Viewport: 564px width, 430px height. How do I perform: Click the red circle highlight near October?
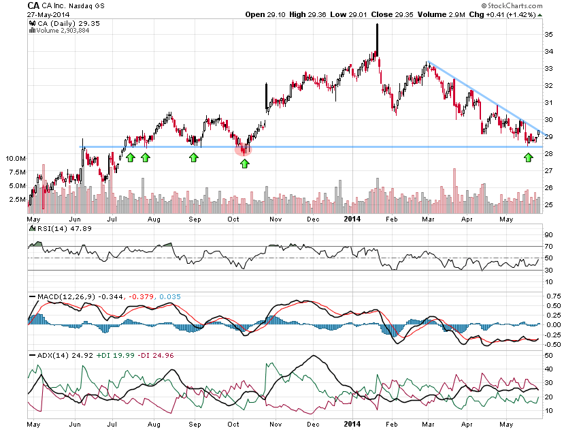point(243,149)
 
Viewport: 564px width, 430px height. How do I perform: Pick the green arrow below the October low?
point(245,163)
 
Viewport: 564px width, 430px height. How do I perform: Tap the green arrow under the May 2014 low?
point(528,157)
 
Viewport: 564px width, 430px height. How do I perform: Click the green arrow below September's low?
point(194,157)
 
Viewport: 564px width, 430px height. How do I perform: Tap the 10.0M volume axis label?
point(16,158)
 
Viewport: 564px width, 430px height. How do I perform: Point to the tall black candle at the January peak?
point(376,41)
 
